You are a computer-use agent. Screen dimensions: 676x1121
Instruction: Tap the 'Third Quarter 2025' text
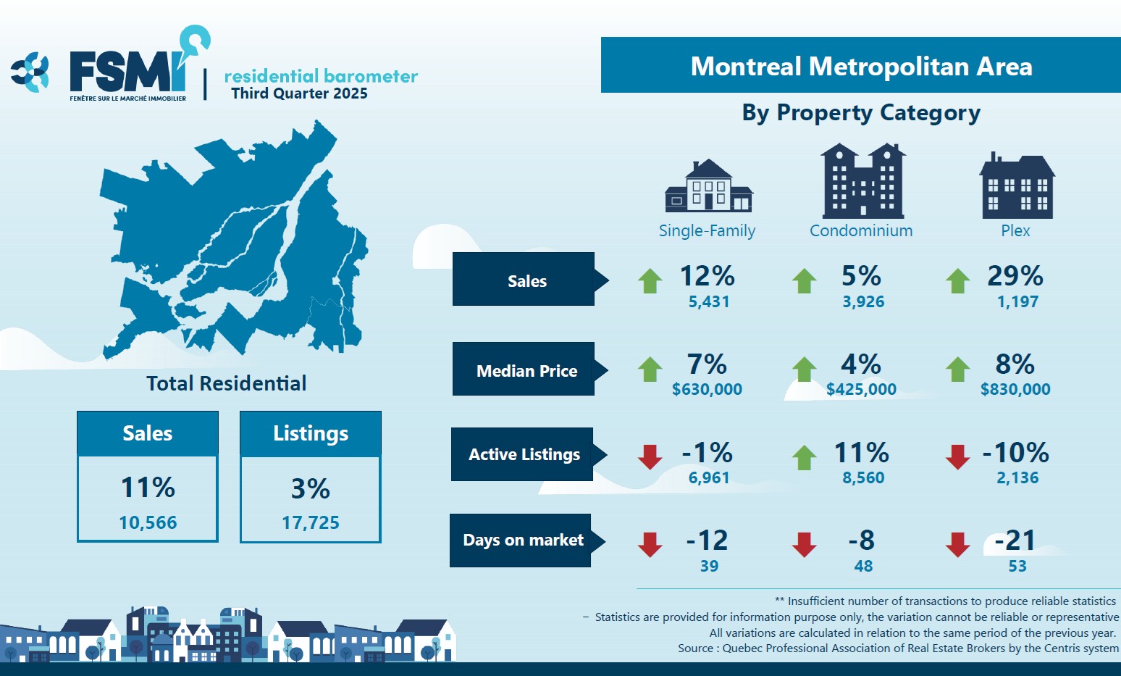pos(299,93)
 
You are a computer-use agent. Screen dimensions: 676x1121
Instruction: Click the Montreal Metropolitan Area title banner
pos(860,66)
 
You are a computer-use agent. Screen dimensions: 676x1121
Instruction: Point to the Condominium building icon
pos(862,181)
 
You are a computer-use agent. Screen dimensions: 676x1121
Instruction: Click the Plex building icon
pos(1017,186)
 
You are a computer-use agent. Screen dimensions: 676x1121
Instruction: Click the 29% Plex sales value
pos(1015,276)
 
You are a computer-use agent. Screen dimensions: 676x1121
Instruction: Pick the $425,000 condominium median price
pos(861,390)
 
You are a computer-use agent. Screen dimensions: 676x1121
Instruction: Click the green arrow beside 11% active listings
pos(804,457)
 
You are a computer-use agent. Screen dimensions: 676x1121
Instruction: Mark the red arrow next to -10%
pos(957,457)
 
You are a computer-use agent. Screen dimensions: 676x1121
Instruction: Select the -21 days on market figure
pos(1015,541)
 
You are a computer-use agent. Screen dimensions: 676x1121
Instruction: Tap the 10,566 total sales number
pos(148,522)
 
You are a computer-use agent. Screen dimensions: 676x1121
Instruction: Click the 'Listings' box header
pos(311,433)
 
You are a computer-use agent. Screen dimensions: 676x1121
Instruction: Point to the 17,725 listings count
pos(311,522)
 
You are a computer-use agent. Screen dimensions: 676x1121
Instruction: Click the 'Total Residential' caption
pos(226,383)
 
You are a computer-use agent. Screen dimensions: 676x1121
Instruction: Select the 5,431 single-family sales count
pos(708,302)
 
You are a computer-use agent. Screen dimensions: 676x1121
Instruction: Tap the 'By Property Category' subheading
pos(861,113)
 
